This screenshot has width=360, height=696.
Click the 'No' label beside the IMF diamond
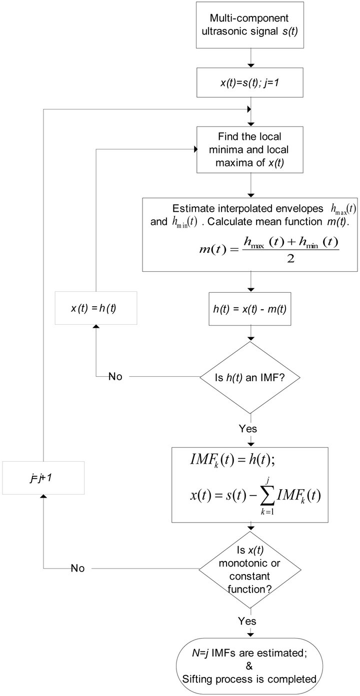tap(115, 376)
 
